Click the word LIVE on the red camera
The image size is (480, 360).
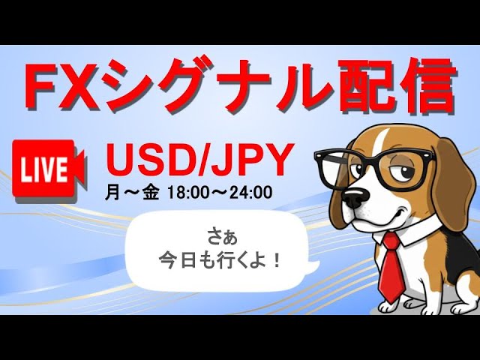click(x=44, y=169)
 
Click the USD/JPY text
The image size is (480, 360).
click(x=198, y=160)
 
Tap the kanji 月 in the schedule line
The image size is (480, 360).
click(x=112, y=193)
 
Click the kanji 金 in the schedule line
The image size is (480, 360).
click(x=151, y=193)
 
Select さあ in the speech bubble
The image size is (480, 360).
click(x=223, y=238)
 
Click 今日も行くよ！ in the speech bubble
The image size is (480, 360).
click(x=220, y=261)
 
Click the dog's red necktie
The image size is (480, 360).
click(x=389, y=266)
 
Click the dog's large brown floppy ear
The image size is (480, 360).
click(x=452, y=184)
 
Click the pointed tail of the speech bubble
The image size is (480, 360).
click(x=315, y=265)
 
